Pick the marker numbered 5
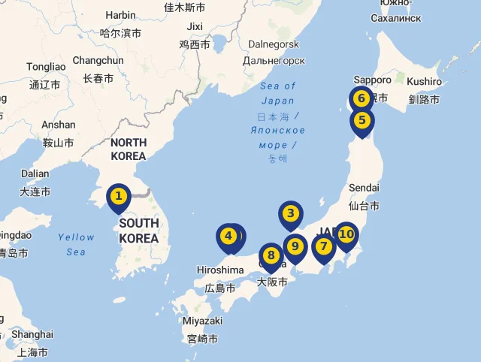(362, 120)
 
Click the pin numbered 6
(362, 98)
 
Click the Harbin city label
(120, 15)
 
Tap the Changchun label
(98, 60)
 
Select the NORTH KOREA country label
(128, 149)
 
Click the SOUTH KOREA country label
(139, 231)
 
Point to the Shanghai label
(32, 334)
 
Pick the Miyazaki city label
(202, 321)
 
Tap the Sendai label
(364, 187)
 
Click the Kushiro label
(425, 81)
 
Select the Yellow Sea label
(76, 244)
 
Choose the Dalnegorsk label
(274, 45)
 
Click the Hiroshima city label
(220, 270)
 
